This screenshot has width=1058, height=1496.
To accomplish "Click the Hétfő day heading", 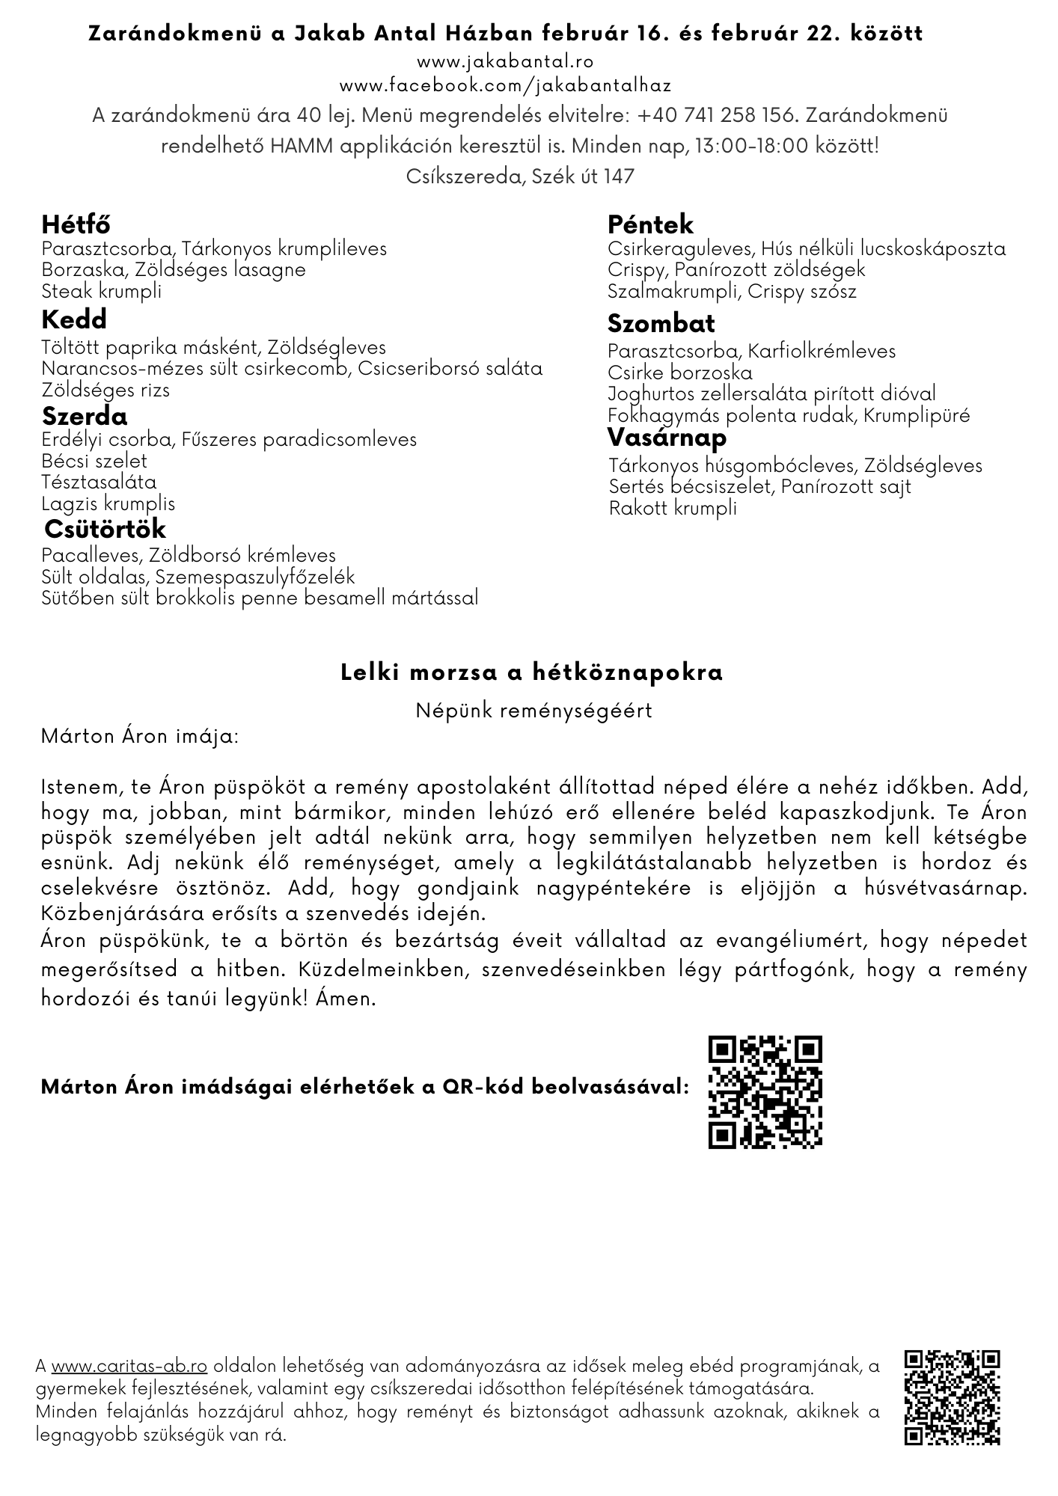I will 76,224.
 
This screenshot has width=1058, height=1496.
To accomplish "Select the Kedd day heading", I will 74,320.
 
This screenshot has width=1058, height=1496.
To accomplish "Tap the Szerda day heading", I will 85,416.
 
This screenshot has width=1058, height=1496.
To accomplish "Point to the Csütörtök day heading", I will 105,529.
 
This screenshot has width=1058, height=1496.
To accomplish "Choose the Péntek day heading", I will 650,224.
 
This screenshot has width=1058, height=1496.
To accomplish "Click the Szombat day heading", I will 661,324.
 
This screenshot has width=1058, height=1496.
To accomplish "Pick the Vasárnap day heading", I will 667,437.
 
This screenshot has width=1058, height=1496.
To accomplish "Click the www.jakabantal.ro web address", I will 505,61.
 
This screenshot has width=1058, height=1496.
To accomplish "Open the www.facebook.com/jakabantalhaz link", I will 505,85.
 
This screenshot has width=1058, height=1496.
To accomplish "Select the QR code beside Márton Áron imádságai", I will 765,1091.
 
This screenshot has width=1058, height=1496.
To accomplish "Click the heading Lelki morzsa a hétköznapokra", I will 531,672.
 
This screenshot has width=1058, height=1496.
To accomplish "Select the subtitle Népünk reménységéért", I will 533,710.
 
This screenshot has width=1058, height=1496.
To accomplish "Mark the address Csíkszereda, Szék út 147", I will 520,176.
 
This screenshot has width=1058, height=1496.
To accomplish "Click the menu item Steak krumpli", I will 101,291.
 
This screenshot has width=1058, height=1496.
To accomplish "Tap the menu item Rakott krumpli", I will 673,509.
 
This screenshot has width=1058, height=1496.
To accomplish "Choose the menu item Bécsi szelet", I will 94,461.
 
